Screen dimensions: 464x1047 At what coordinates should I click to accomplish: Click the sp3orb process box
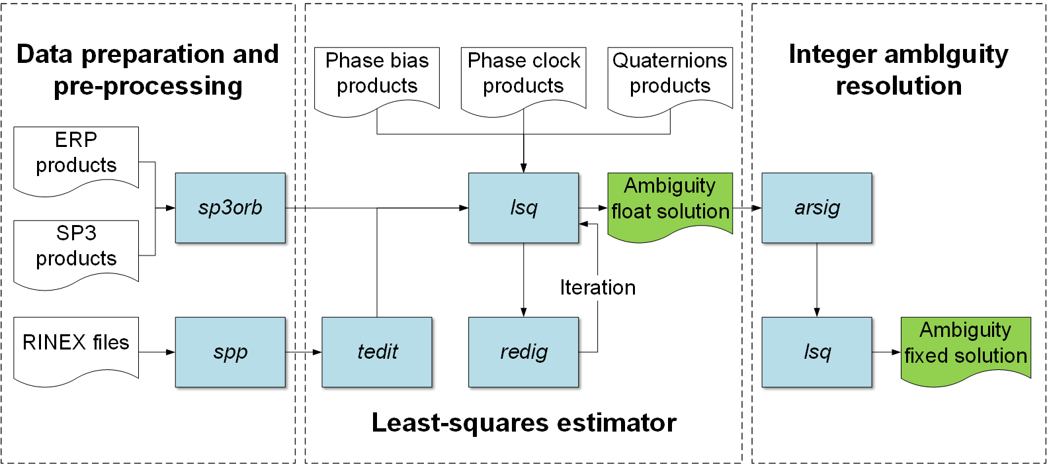pos(230,208)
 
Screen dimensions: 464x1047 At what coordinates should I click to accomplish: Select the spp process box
pos(230,352)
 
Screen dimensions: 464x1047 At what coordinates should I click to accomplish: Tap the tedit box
pos(377,352)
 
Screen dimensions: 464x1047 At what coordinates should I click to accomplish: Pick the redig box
pos(524,352)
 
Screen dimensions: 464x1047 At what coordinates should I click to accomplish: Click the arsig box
pos(817,208)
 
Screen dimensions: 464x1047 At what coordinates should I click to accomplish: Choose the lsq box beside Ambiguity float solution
pos(524,208)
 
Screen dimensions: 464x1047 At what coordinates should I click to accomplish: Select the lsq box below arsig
pos(817,352)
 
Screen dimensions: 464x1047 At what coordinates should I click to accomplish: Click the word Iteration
pos(598,287)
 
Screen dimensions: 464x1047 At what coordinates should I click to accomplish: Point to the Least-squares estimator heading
pos(524,422)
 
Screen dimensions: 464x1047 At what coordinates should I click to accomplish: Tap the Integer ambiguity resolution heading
pos(899,70)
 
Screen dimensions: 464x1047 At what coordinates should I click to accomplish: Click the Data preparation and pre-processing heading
pos(148,70)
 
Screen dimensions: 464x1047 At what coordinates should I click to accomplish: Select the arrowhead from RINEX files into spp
pos(171,352)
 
